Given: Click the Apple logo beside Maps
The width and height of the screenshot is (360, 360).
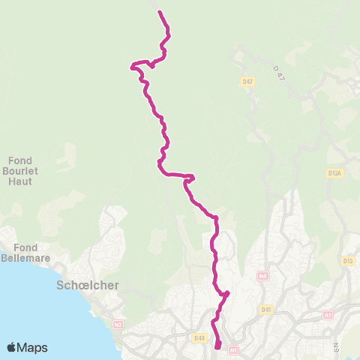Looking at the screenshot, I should tap(11, 347).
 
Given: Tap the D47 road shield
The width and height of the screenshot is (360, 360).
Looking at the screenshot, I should tap(247, 81).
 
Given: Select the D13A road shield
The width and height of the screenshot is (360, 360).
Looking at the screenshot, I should tap(334, 173).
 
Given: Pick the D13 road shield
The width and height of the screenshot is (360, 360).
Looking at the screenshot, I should tap(347, 261).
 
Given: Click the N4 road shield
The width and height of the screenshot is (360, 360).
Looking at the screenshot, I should tap(262, 276).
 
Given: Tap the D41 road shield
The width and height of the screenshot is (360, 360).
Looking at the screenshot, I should tap(266, 309).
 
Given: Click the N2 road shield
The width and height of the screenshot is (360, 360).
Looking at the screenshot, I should tap(118, 324).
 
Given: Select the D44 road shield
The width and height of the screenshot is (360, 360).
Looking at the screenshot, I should tap(199, 338).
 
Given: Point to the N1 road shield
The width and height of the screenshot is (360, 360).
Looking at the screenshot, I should tap(232, 349).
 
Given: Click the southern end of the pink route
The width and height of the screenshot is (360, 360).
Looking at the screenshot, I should tap(217, 346).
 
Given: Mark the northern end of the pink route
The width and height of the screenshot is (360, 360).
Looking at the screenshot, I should tap(159, 11).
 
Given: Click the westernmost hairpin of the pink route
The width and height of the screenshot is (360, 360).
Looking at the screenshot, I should tap(133, 67).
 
